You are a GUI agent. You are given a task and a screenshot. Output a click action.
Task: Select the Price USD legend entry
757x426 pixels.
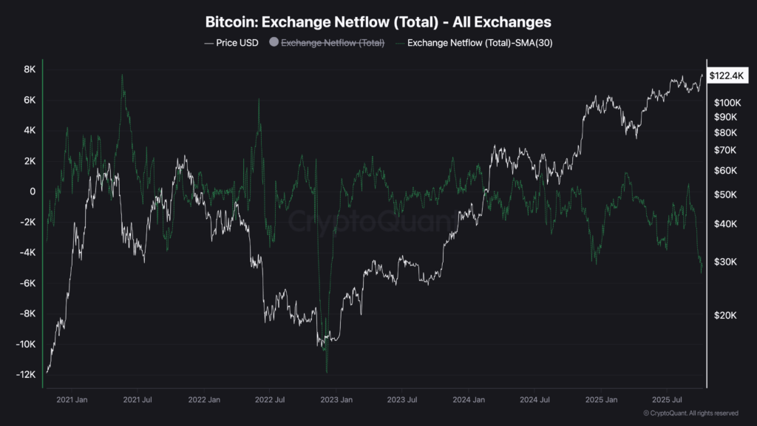tap(231, 43)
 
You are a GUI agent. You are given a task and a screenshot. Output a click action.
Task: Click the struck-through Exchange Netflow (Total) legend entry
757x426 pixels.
tap(333, 43)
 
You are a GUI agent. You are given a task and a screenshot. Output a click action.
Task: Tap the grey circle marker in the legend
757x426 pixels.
tap(274, 43)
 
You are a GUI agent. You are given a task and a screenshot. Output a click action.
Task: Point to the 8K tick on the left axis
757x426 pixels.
tap(30, 70)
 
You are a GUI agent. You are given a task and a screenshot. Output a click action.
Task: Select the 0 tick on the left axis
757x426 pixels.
tap(33, 192)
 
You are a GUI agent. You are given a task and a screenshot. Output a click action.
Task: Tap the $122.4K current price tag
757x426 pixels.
tap(729, 75)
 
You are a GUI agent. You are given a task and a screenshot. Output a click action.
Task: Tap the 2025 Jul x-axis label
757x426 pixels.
tap(665, 399)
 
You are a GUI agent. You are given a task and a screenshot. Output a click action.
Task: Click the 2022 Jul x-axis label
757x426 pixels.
tap(271, 399)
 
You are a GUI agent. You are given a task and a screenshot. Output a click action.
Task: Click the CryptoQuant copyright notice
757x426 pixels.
tap(690, 413)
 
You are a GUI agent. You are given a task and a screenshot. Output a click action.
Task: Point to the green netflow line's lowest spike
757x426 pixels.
tap(326, 371)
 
